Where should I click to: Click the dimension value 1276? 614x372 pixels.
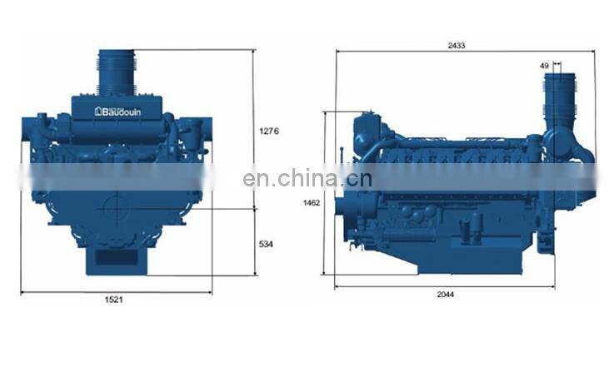[x=269, y=131]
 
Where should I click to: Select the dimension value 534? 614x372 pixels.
[x=266, y=244]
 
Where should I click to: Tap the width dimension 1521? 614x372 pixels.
[x=113, y=300]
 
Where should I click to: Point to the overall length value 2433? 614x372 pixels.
[x=457, y=46]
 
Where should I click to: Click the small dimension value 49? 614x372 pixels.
[x=544, y=66]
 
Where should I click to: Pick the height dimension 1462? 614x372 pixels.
[x=312, y=202]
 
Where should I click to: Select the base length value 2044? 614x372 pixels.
[x=446, y=294]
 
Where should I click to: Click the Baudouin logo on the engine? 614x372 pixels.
[x=117, y=112]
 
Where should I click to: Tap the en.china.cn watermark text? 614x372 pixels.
[x=307, y=178]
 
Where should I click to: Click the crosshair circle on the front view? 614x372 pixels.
[x=117, y=209]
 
